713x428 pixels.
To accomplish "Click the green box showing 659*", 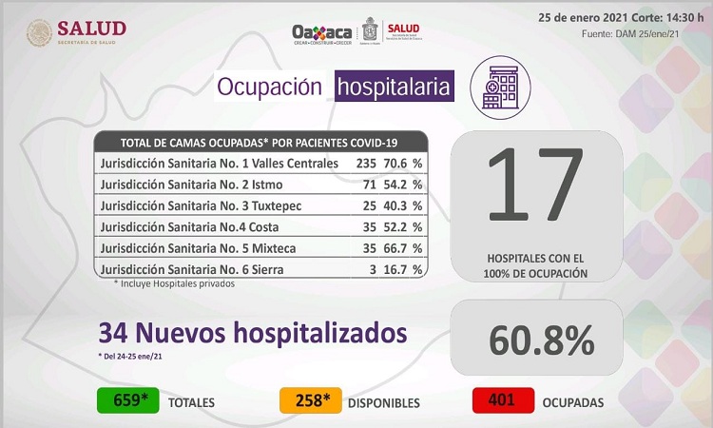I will click(126, 401).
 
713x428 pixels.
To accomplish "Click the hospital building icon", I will click(500, 83).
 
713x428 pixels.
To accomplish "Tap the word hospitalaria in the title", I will click(394, 88).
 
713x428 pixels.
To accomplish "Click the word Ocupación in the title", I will click(270, 88).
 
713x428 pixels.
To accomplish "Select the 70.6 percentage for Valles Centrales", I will click(395, 163).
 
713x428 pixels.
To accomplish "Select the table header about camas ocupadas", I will click(260, 143).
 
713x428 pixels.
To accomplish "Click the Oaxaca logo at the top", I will click(323, 31).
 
